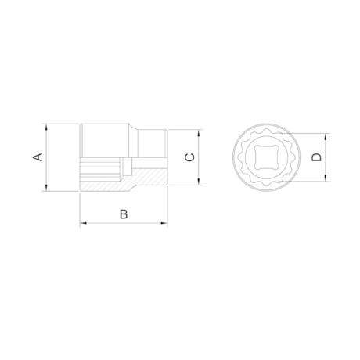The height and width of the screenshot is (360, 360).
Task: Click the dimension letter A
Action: click(x=38, y=157)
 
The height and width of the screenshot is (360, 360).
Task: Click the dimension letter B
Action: click(x=124, y=214)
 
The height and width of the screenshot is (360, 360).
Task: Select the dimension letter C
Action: click(x=189, y=157)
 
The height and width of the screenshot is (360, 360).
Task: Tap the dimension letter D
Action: click(x=317, y=157)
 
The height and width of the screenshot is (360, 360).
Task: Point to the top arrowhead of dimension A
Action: click(x=46, y=127)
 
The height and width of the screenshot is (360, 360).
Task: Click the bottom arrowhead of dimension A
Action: click(x=46, y=188)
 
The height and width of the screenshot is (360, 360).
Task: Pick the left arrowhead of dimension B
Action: click(x=83, y=223)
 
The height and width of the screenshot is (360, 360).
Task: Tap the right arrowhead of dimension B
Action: click(x=164, y=223)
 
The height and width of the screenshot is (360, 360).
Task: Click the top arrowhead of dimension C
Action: click(x=199, y=133)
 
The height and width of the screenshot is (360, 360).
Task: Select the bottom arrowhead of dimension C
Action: click(x=199, y=182)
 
